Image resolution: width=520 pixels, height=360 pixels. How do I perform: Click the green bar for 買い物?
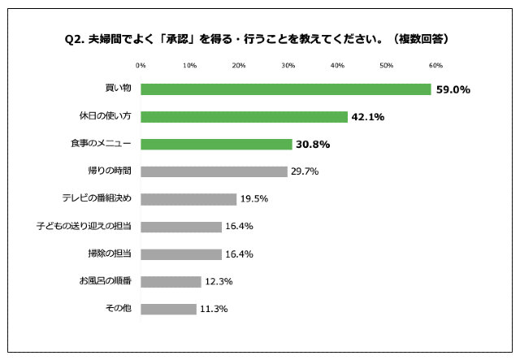[x=285, y=89]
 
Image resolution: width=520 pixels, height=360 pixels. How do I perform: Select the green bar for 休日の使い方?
[x=244, y=117]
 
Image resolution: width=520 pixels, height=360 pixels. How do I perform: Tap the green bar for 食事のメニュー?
[x=216, y=144]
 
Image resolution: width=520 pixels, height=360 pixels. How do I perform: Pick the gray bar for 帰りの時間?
[x=214, y=171]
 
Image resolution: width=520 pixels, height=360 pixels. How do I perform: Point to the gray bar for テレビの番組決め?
[x=188, y=199]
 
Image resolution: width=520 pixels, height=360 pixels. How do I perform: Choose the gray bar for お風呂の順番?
[x=171, y=281]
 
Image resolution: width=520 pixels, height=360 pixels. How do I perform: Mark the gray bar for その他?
[x=168, y=309]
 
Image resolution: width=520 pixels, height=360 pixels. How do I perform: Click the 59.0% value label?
[x=453, y=89]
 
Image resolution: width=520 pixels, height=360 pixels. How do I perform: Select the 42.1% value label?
[x=367, y=117]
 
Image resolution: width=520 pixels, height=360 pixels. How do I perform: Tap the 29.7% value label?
[x=305, y=171]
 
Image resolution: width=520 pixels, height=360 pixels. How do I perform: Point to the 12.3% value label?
[x=219, y=281]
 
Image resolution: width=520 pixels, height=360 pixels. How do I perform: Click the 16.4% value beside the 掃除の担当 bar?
[x=239, y=254]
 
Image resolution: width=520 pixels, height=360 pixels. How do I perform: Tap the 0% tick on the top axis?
[x=141, y=65]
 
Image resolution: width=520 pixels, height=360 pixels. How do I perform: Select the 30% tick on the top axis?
[x=288, y=65]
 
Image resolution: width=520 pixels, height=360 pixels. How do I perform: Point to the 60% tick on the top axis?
[x=435, y=65]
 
